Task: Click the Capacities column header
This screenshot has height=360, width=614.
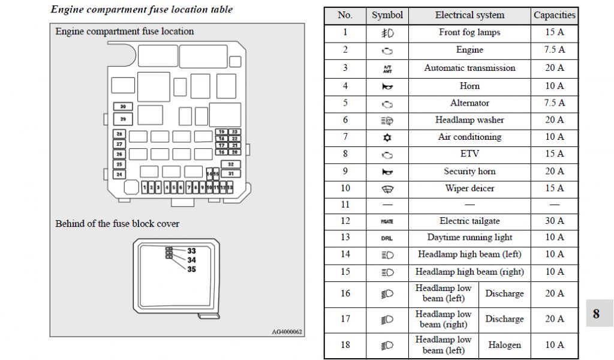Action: [555, 16]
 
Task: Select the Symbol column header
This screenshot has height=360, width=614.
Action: [387, 16]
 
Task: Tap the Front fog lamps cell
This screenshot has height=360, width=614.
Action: [469, 32]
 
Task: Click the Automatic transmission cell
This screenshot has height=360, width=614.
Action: [469, 68]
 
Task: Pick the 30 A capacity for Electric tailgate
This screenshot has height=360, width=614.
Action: [555, 221]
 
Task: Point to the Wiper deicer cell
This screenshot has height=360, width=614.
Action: [469, 188]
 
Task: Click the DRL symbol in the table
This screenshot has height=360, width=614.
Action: [387, 238]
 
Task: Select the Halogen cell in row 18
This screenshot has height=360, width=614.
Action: [504, 345]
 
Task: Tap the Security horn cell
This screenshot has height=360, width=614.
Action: [469, 171]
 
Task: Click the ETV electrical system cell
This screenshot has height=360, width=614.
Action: [469, 154]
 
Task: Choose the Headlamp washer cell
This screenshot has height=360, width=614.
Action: [469, 120]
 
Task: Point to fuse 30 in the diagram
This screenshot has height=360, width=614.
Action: [123, 107]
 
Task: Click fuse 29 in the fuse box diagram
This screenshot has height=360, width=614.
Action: [123, 119]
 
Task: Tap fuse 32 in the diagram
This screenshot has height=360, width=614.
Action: [230, 164]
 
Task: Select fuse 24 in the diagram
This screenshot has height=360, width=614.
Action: [119, 175]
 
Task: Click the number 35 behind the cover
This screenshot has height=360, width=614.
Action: [191, 269]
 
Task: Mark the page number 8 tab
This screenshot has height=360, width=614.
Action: [596, 314]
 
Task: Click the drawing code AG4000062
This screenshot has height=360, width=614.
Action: [287, 331]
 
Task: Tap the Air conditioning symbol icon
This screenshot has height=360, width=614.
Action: [387, 137]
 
